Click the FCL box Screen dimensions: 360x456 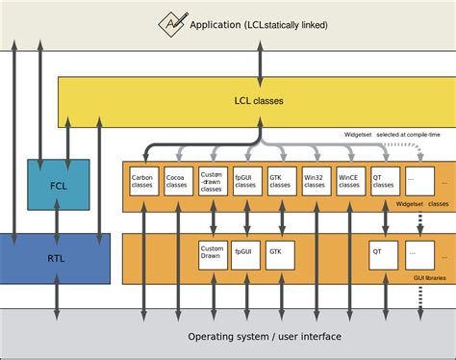tap(58, 185)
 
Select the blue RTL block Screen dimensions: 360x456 tap(55, 258)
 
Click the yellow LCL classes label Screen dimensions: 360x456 tap(259, 100)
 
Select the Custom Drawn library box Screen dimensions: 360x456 tap(212, 254)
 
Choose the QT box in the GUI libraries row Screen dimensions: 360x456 tap(384, 254)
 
